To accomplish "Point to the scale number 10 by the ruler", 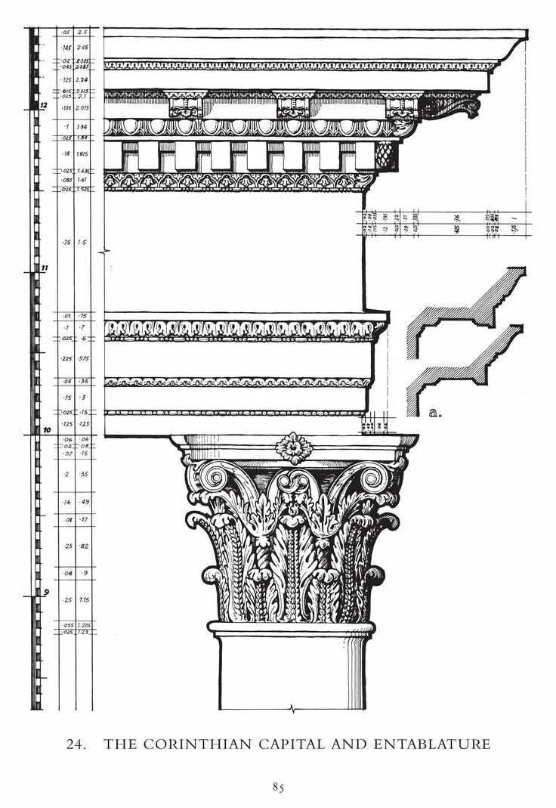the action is [x=45, y=430].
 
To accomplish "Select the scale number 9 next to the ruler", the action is [x=45, y=591].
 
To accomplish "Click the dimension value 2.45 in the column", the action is [x=83, y=48].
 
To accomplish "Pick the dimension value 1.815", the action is [x=83, y=153].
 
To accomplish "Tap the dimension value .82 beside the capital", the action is [x=84, y=546].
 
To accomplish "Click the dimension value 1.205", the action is [x=85, y=625].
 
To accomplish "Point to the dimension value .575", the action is [x=84, y=358].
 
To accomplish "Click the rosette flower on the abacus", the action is [x=294, y=447].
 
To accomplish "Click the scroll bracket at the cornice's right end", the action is [x=452, y=105].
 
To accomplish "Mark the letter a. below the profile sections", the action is [x=434, y=413].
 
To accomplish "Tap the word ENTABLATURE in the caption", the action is [x=431, y=745].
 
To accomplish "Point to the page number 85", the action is [x=278, y=787].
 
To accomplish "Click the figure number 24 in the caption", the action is [x=74, y=745].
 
